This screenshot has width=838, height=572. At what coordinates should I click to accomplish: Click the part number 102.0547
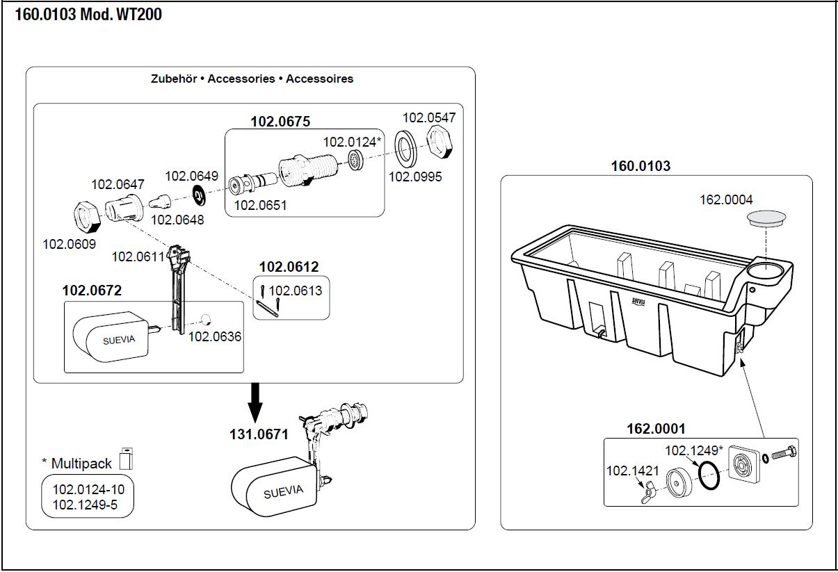pyautogui.click(x=428, y=117)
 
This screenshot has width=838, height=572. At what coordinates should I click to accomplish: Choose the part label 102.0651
pyautogui.click(x=260, y=205)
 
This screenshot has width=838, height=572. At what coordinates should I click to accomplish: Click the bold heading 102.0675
pyautogui.click(x=280, y=121)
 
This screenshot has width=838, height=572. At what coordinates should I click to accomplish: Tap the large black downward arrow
pyautogui.click(x=256, y=402)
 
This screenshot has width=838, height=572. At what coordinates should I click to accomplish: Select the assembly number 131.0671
pyautogui.click(x=259, y=434)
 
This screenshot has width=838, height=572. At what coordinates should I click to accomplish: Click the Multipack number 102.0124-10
pyautogui.click(x=88, y=490)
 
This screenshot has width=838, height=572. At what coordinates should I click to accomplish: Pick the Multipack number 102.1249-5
pyautogui.click(x=85, y=505)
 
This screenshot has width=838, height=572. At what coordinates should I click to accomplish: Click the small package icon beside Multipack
pyautogui.click(x=126, y=459)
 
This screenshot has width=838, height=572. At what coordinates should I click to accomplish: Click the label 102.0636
pyautogui.click(x=215, y=336)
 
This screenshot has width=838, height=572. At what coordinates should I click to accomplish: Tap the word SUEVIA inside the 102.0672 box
pyautogui.click(x=120, y=340)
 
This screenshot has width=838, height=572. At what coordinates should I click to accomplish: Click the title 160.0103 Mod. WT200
pyautogui.click(x=88, y=14)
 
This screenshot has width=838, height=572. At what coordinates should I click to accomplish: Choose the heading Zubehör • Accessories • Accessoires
pyautogui.click(x=252, y=79)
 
